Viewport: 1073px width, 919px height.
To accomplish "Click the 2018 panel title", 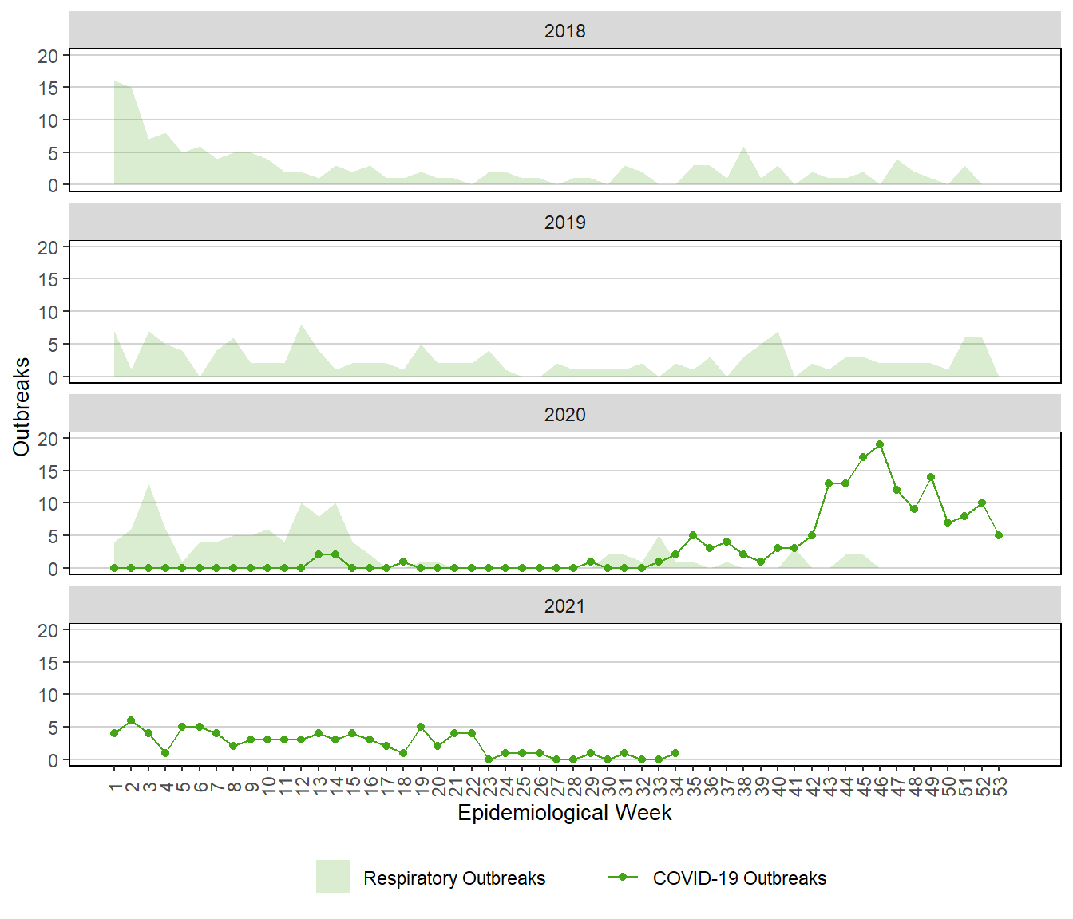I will tap(564, 31).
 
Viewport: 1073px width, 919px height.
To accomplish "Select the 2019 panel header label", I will tap(564, 223).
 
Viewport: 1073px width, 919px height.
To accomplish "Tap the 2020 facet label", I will tap(564, 415).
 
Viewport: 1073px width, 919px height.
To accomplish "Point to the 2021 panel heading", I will tap(564, 606).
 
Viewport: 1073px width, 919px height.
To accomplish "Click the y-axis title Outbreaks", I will tap(22, 407).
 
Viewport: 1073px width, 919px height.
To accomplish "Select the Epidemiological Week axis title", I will tap(564, 813).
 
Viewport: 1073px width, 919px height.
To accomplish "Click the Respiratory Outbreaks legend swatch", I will tap(333, 878).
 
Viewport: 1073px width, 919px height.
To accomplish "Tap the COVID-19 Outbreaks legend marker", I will tap(623, 878).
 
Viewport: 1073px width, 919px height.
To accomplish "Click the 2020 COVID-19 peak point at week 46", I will tap(880, 444).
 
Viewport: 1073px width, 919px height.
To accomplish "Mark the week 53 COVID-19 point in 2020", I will tap(999, 535).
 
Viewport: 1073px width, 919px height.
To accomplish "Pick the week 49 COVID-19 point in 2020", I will tap(931, 477).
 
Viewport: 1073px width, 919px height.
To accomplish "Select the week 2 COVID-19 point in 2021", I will tap(131, 720).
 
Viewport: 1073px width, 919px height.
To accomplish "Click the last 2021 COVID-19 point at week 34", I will tap(675, 753).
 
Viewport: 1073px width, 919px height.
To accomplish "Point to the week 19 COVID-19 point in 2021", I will tap(421, 727).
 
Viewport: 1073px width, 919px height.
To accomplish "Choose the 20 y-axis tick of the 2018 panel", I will tap(48, 56).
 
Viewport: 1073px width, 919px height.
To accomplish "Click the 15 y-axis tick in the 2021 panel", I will tap(48, 663).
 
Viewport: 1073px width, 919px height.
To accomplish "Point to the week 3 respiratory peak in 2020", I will tap(148, 484).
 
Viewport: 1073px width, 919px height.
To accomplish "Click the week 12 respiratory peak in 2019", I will tap(302, 325).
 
